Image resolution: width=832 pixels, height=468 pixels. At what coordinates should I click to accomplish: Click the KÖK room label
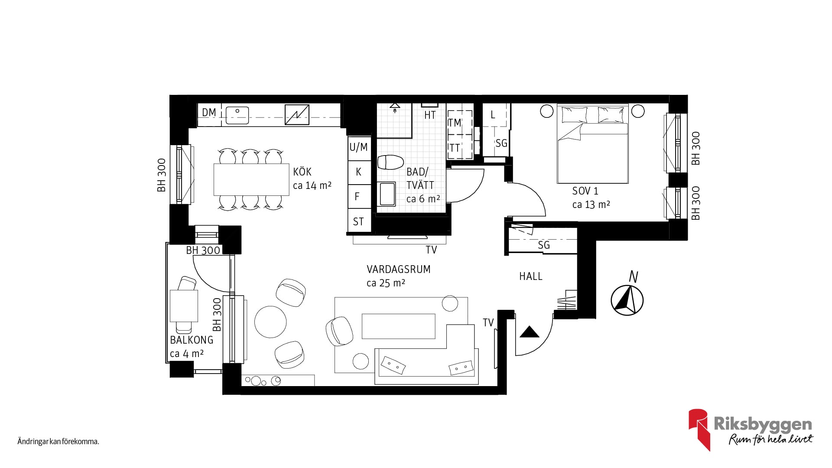click(x=302, y=172)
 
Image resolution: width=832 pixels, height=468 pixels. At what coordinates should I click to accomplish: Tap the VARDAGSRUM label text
click(x=399, y=269)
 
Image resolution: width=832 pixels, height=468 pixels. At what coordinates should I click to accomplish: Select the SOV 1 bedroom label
click(x=585, y=191)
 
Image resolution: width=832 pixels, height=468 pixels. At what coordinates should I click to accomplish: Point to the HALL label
click(x=531, y=276)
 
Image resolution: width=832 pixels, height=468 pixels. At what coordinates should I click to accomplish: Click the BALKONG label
click(x=192, y=340)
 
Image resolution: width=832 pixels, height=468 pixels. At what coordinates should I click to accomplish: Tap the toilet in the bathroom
click(x=390, y=162)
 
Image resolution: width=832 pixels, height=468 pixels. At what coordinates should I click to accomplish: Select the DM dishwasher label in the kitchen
click(x=209, y=113)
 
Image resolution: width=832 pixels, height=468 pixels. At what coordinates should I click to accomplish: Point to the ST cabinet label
click(x=358, y=222)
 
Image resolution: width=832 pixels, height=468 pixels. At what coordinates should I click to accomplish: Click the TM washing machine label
click(x=455, y=123)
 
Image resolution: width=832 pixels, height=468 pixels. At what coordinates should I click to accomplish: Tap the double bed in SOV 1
click(x=592, y=143)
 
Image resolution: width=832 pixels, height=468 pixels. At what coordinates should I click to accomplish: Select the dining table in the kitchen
click(x=251, y=179)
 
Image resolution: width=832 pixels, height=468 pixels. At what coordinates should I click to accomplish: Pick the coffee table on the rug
click(x=398, y=326)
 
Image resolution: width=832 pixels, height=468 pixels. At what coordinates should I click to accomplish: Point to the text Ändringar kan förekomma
click(x=58, y=442)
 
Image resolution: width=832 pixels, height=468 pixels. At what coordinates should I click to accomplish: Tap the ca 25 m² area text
click(x=386, y=283)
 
